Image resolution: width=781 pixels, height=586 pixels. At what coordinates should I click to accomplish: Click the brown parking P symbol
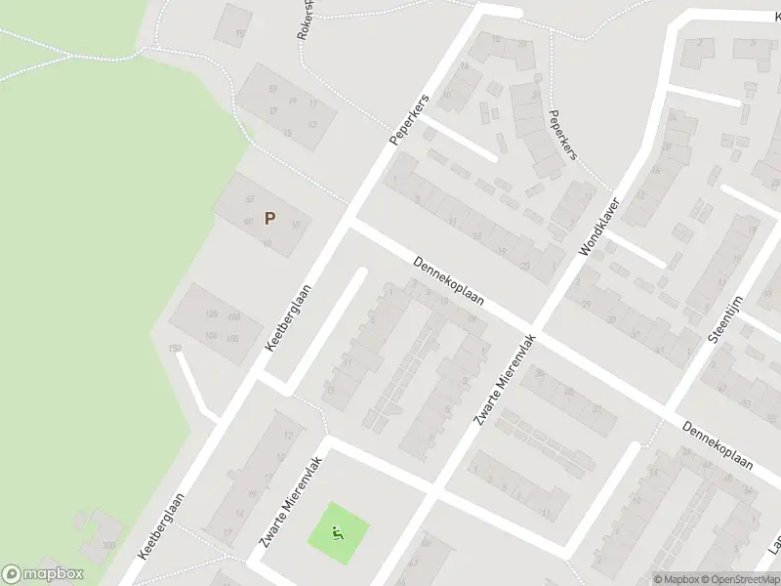(269, 218)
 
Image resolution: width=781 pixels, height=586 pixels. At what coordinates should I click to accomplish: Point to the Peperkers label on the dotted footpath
(563, 134)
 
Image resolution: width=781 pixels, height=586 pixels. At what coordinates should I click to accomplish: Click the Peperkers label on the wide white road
(408, 121)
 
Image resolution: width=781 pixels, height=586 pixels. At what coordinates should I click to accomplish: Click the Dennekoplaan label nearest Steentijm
(718, 444)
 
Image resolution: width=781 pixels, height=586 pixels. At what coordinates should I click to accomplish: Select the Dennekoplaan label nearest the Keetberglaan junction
(448, 283)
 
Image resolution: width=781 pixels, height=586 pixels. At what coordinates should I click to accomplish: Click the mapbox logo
(43, 574)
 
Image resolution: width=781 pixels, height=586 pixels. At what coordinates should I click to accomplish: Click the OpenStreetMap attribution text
(738, 579)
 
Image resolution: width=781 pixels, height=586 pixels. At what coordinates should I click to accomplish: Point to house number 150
(176, 349)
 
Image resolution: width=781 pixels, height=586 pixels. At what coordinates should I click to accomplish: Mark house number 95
(240, 36)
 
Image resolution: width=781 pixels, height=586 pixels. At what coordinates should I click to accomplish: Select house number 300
(107, 545)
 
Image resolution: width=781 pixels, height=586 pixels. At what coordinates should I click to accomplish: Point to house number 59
(272, 89)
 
